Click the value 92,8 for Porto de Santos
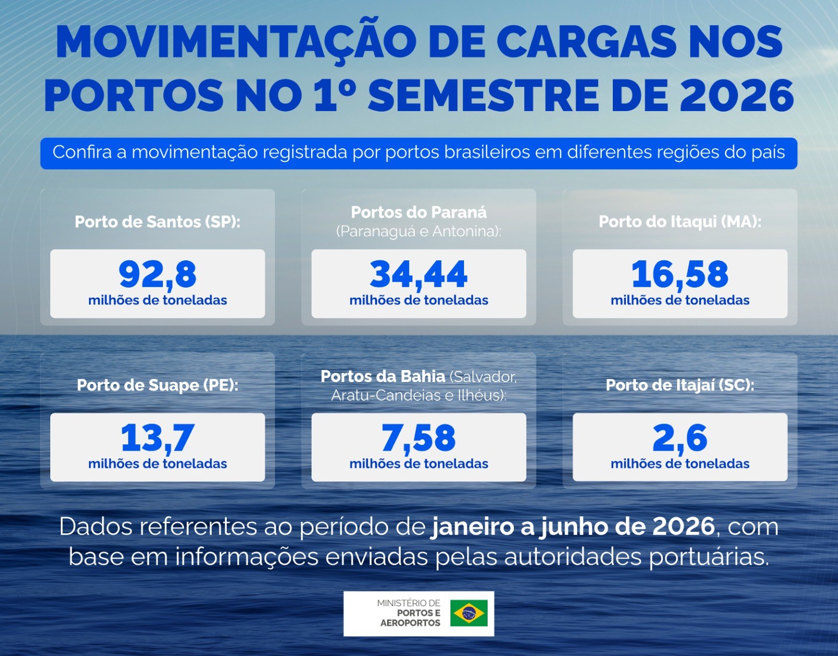[x=157, y=275]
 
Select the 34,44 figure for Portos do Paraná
[x=418, y=275]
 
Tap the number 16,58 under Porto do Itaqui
[x=680, y=275]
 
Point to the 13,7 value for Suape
[x=157, y=438]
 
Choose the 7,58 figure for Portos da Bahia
[x=418, y=438]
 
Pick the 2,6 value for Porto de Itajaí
[x=680, y=438]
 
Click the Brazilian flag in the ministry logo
[x=469, y=613]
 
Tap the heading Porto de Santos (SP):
[x=157, y=222]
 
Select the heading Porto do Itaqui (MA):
[x=680, y=222]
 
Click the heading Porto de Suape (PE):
[x=157, y=385]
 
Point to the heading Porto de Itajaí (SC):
[x=680, y=385]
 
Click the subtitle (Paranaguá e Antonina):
[x=418, y=232]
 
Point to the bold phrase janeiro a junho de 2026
[x=573, y=527]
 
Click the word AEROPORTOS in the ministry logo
[x=410, y=623]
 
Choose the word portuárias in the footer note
[x=709, y=557]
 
